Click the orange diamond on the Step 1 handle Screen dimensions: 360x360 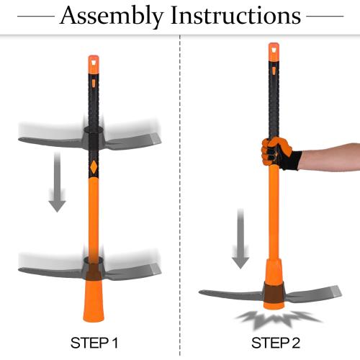tap(92, 165)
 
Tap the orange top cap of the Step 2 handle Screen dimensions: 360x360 tap(274, 52)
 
